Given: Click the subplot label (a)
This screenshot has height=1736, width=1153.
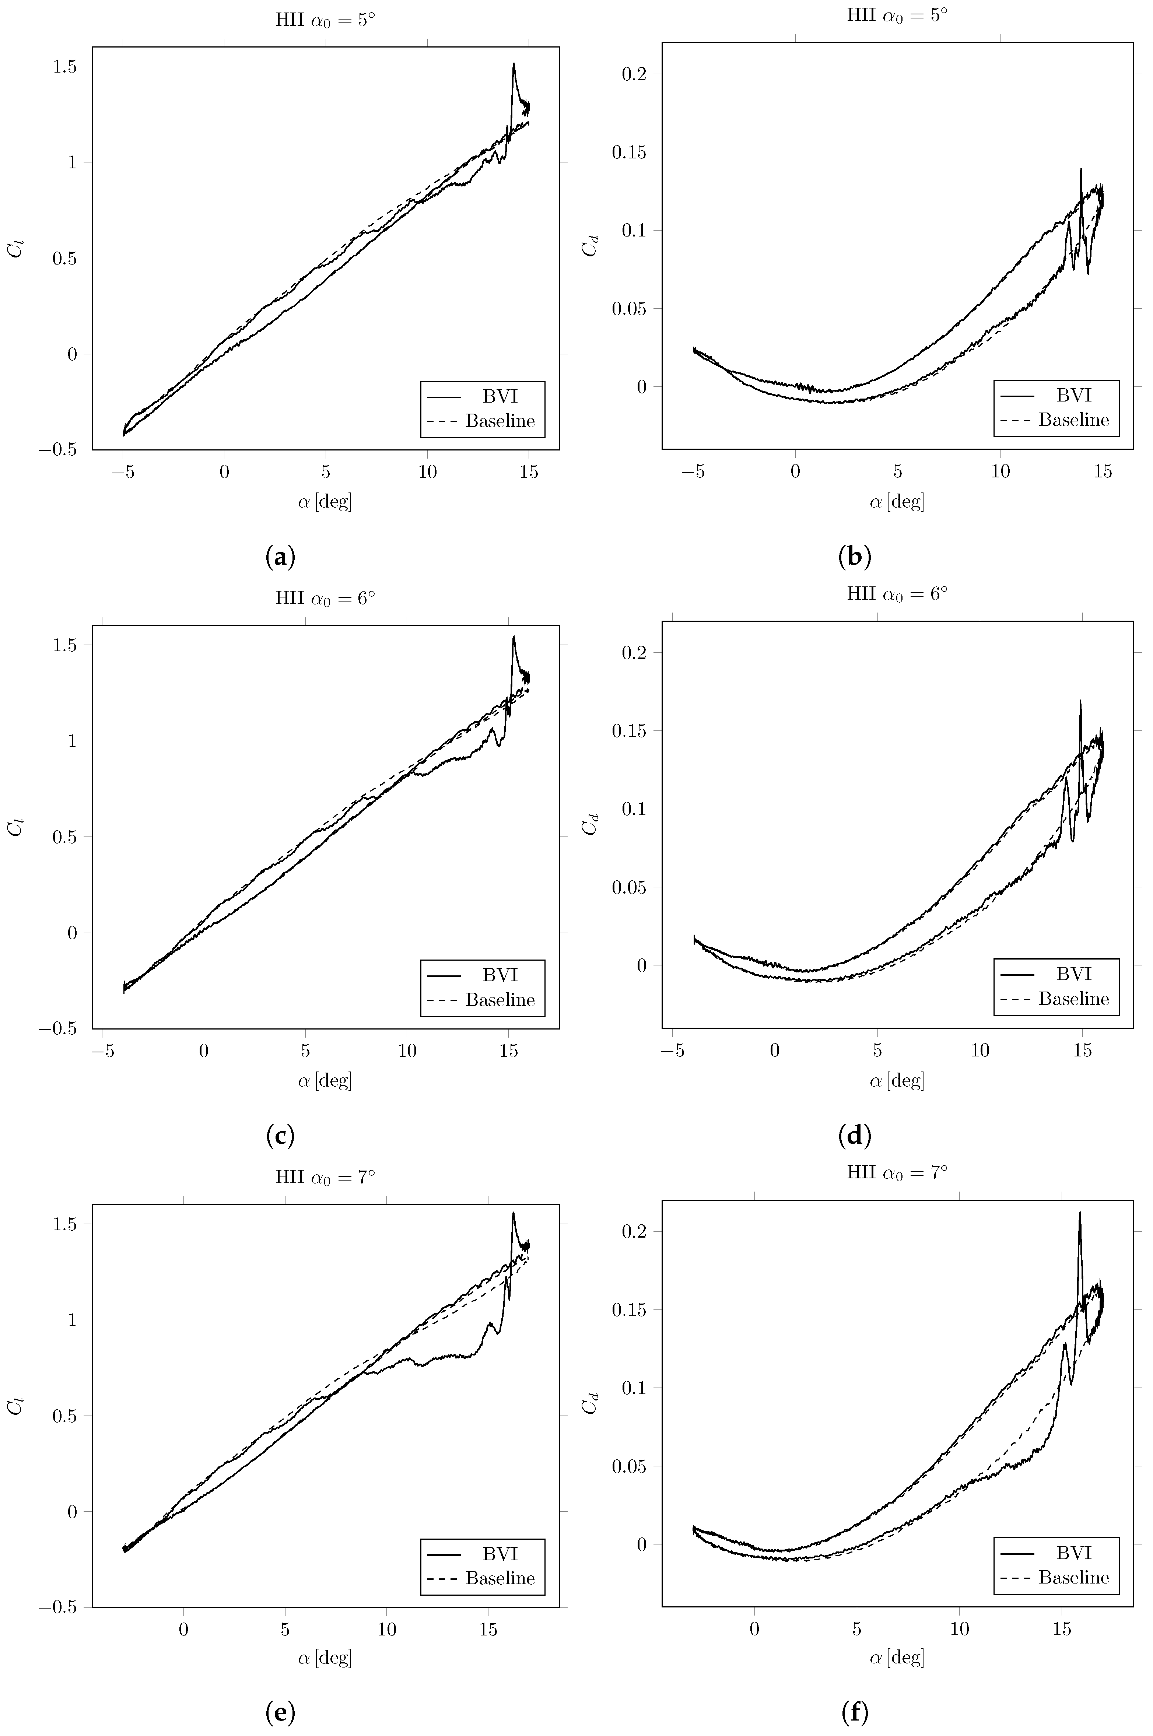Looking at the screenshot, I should tap(280, 557).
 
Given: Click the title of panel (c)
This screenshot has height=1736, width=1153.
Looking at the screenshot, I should tap(325, 598).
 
